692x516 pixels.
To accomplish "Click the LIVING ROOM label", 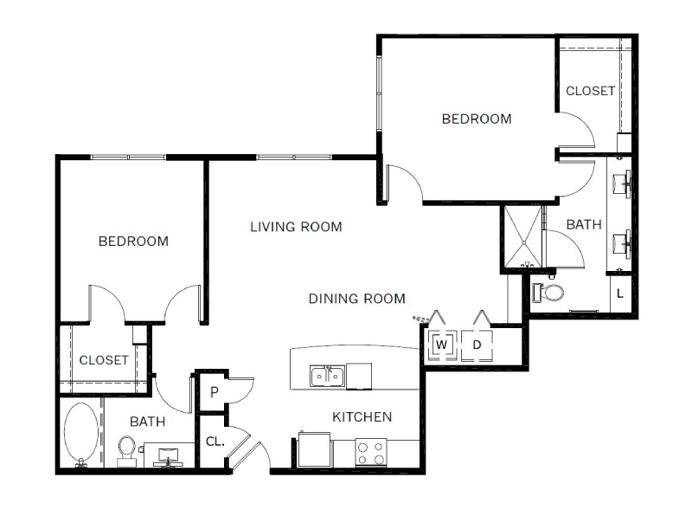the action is [x=296, y=227].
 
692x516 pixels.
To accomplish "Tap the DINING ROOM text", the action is [x=357, y=299].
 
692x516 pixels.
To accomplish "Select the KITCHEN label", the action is [x=362, y=417].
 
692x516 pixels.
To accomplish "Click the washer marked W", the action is [x=441, y=345].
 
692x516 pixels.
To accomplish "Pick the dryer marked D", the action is [x=477, y=345].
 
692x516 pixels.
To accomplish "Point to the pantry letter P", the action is [x=214, y=392].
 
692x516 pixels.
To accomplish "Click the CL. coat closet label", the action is [x=215, y=441].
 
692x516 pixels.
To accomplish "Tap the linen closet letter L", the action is [x=620, y=293].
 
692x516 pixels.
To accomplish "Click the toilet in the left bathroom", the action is [x=126, y=451].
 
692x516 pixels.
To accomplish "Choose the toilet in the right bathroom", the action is [x=548, y=293].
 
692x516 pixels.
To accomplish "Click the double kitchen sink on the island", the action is [x=327, y=377].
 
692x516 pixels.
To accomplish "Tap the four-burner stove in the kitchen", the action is [x=371, y=453].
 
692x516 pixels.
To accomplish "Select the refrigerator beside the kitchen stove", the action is [x=314, y=449].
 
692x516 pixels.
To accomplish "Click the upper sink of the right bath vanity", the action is [x=622, y=183].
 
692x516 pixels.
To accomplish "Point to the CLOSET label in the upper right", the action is [x=591, y=91].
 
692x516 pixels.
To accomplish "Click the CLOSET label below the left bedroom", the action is [x=104, y=360].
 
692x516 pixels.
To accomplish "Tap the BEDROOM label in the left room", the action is [x=133, y=242].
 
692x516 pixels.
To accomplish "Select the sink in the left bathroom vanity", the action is [x=168, y=455].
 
